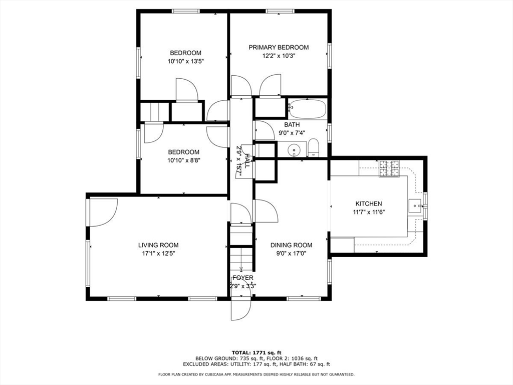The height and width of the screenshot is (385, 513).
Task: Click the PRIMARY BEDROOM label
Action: point(279,48)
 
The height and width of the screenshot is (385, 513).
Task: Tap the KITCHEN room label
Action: point(369,204)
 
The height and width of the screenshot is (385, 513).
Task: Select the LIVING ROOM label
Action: point(158,245)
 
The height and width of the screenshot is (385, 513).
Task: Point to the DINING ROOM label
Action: point(291,245)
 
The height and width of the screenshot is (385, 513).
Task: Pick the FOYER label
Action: point(242,278)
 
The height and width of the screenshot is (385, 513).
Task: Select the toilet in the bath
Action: point(313,148)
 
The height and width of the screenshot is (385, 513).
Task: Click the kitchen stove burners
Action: point(389,168)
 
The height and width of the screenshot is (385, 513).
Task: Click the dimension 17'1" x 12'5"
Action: point(158,254)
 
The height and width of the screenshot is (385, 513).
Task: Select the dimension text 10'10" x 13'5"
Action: point(185,61)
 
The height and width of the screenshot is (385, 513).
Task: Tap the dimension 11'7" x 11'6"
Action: point(369,212)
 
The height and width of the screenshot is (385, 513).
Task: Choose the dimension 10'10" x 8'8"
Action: point(183,160)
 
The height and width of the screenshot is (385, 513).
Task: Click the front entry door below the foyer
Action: point(240,309)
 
